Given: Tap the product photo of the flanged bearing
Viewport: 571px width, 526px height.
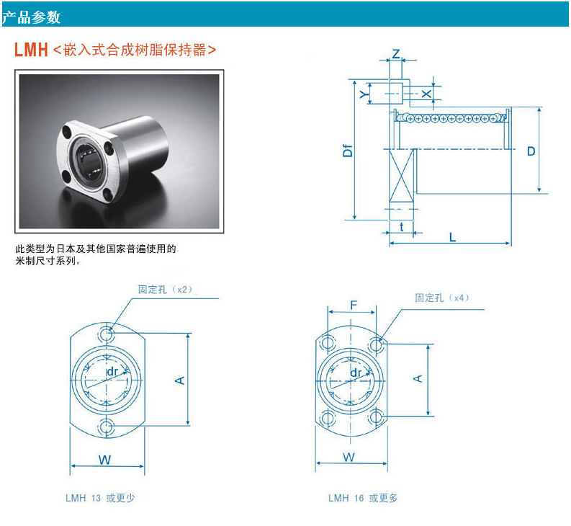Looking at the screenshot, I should pyautogui.click(x=120, y=151).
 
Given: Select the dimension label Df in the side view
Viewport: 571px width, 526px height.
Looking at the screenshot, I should pyautogui.click(x=348, y=150).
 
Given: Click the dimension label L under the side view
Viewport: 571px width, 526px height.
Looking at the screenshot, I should pyautogui.click(x=452, y=237).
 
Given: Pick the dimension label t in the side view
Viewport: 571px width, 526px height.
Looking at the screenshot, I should pyautogui.click(x=401, y=227).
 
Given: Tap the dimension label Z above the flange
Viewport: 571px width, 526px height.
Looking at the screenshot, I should pyautogui.click(x=395, y=55).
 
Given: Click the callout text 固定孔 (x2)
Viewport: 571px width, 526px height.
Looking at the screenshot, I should pyautogui.click(x=166, y=289).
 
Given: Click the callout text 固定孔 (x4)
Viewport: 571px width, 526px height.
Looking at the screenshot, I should pyautogui.click(x=441, y=298).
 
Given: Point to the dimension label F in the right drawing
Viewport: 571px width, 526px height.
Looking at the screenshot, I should pyautogui.click(x=353, y=305).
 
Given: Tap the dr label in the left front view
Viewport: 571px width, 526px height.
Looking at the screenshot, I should pyautogui.click(x=112, y=371).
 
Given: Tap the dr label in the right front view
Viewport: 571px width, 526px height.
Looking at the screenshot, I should pyautogui.click(x=356, y=372).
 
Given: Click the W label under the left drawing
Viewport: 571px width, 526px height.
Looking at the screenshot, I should pyautogui.click(x=105, y=460).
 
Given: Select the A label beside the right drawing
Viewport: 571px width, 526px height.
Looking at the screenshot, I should pyautogui.click(x=418, y=378).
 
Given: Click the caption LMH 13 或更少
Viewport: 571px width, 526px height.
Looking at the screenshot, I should pyautogui.click(x=101, y=498).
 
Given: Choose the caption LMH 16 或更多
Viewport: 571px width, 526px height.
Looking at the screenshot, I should pyautogui.click(x=363, y=498).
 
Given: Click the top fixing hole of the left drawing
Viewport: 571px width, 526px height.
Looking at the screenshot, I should pyautogui.click(x=107, y=334).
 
